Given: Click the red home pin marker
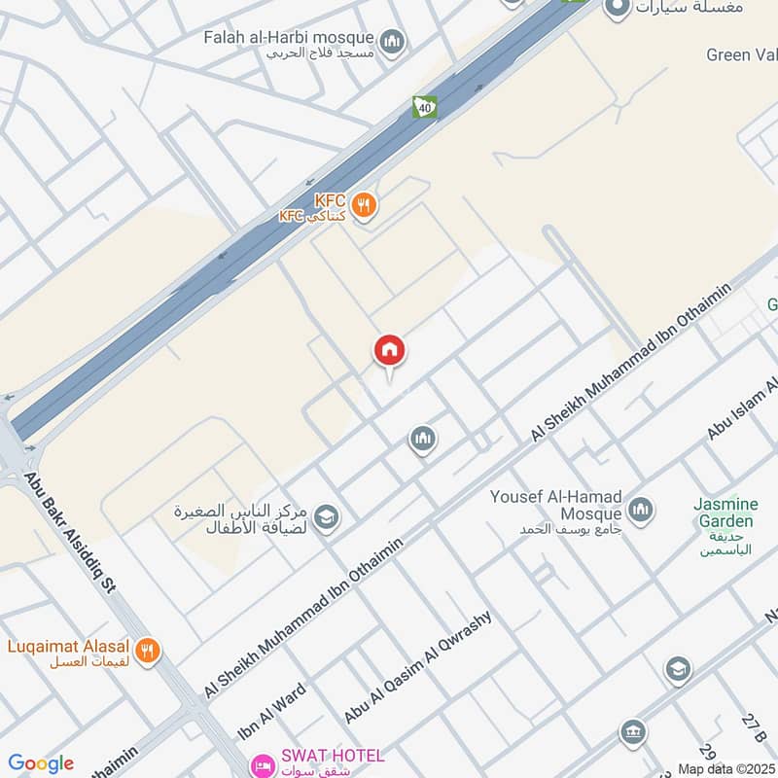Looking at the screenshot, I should pos(390,351).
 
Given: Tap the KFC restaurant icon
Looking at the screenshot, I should pos(365,205).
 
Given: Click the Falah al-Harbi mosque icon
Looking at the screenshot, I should pos(392,41).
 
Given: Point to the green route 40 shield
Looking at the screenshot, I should pos(424,106).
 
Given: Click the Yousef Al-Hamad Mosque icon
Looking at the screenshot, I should pos(640,508).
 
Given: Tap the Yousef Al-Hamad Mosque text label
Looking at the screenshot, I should pos(555,505).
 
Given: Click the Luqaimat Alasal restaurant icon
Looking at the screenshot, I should pos(148,651).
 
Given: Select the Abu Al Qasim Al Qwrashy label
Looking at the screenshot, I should pos(419,666).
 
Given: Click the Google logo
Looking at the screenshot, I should pos(40,763).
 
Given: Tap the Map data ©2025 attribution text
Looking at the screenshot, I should pos(725,769).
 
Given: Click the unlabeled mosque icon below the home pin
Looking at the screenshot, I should pos(422,440).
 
